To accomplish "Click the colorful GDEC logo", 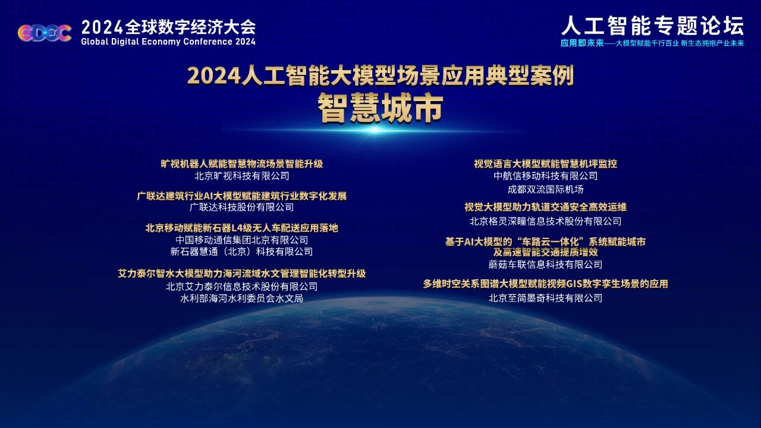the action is point(45,33).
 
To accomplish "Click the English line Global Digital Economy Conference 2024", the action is point(168,42).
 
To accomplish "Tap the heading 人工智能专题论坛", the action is point(653,26).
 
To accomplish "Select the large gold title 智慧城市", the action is point(380,108).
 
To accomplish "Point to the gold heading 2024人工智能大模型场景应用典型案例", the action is point(380,75).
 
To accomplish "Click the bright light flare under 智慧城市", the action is point(375,130).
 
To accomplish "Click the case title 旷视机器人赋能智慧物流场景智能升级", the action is point(241,164).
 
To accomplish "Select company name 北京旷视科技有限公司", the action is point(241,176).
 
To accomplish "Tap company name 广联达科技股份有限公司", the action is point(241,207).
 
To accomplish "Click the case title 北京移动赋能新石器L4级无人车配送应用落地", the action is point(241,228).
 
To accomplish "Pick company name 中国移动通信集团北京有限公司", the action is point(241,240).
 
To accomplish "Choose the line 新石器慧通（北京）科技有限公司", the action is point(241,251).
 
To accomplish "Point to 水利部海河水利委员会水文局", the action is point(241,298).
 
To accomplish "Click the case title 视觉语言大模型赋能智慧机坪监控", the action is point(545,164).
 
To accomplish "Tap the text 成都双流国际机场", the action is point(545,190).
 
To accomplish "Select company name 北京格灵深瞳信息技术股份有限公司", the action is point(545,222).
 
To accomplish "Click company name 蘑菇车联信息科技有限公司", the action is point(545,265).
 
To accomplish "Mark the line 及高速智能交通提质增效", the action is point(545,252).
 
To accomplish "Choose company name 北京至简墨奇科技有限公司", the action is point(545,298).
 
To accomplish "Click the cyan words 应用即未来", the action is point(582,43).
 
